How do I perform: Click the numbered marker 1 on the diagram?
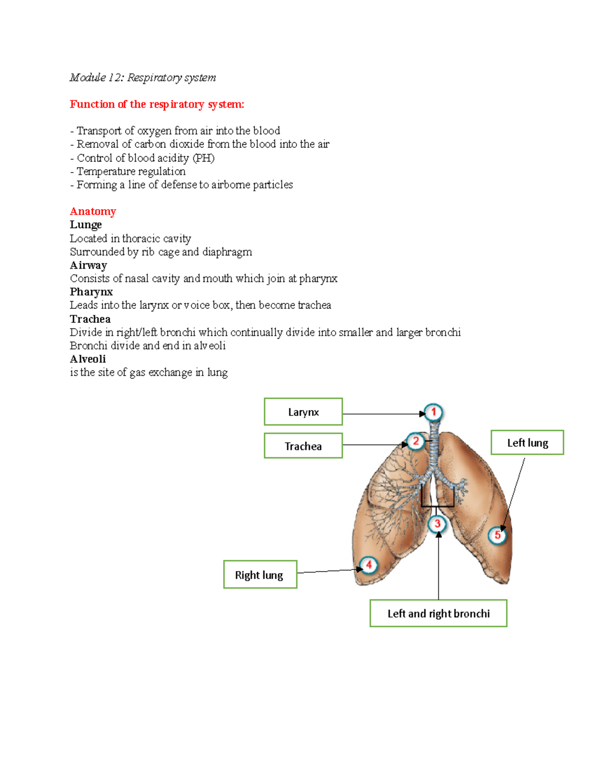coord(433,412)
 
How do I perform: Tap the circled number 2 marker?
coord(416,441)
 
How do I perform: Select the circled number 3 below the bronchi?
coord(437,524)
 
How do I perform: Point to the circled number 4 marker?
coord(368,565)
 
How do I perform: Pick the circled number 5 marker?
coord(497,535)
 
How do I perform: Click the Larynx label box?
coord(303,412)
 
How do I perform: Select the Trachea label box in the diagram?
coord(303,446)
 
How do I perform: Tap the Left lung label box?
coord(528,443)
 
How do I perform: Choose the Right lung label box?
coord(260,575)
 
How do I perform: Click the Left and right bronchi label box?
coord(438,613)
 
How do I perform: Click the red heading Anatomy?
coord(93,212)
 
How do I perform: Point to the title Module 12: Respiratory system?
coord(143,77)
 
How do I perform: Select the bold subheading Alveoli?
coord(88,359)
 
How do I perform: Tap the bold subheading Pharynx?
coord(91,292)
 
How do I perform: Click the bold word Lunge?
coord(86,225)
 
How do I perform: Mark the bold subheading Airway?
coord(88,265)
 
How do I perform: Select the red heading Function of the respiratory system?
coord(157,104)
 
